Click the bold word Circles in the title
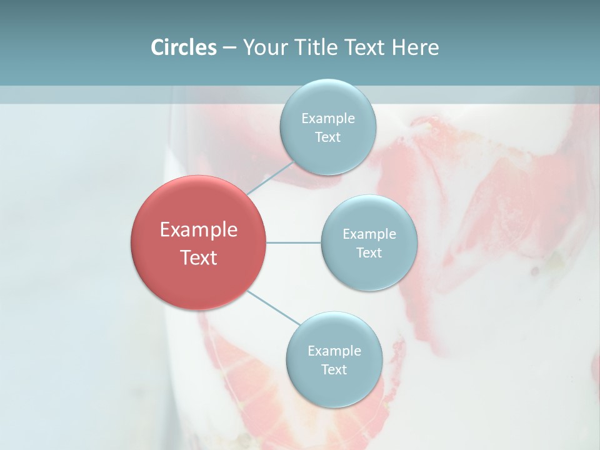[184, 47]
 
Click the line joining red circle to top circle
[270, 177]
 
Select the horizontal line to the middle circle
[294, 242]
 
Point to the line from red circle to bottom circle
[274, 307]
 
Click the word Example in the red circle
[199, 230]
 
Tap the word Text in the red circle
[199, 257]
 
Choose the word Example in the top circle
[328, 119]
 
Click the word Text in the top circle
[327, 137]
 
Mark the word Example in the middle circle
[369, 234]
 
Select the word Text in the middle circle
[369, 253]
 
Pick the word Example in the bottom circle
[334, 351]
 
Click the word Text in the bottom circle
[334, 370]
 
